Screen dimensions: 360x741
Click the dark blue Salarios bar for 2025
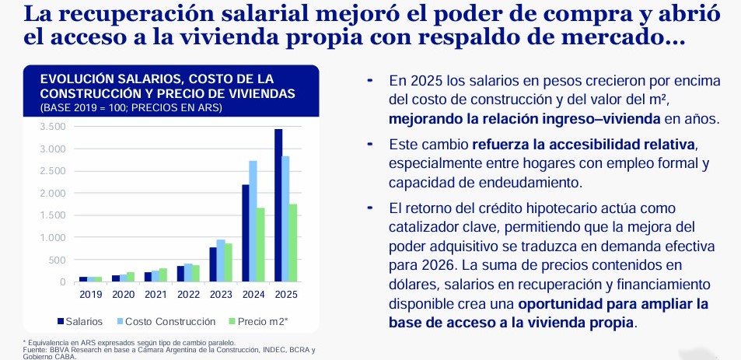[x=278, y=205]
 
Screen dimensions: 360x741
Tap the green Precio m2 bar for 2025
[x=294, y=243]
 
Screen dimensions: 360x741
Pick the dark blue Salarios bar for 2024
[x=245, y=233]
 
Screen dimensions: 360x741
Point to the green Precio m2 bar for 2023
[x=229, y=263]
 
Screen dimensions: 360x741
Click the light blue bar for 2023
[x=221, y=260]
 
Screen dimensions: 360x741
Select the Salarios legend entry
[x=80, y=320]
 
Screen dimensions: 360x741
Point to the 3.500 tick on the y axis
[x=53, y=127]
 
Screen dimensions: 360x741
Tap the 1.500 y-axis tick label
[x=53, y=215]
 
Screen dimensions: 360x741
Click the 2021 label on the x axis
[x=155, y=294]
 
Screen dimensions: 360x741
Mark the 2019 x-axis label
[x=91, y=294]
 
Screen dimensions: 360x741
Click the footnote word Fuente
[x=36, y=349]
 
